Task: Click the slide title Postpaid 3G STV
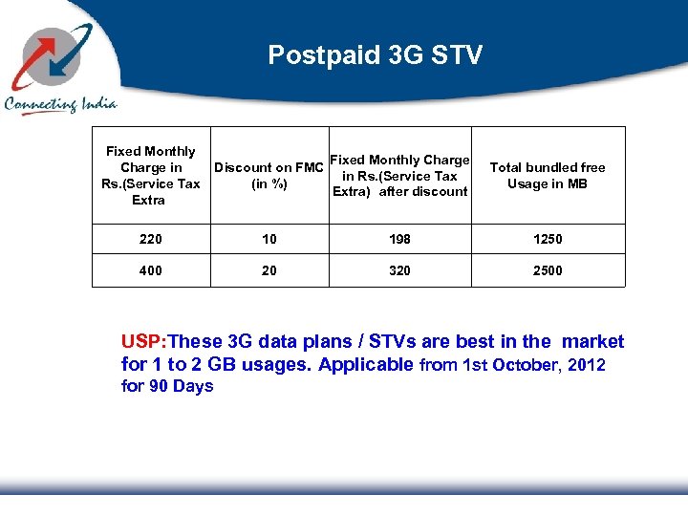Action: (x=375, y=55)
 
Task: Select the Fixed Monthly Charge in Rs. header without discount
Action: (x=150, y=176)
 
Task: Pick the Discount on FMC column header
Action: (x=269, y=176)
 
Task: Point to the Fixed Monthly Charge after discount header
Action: (x=399, y=176)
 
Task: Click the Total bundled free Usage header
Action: (x=548, y=176)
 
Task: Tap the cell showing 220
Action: (x=150, y=239)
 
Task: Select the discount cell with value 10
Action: (x=269, y=239)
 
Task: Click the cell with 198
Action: (x=399, y=239)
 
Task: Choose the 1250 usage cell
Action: (x=548, y=239)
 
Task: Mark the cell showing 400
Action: (x=150, y=270)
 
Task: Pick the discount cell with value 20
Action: (x=269, y=270)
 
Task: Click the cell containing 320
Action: (x=399, y=270)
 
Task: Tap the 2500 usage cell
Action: (x=548, y=270)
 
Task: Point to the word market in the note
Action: (x=592, y=342)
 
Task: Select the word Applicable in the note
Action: (x=366, y=365)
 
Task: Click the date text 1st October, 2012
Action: (x=532, y=365)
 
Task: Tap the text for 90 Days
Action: (x=167, y=386)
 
